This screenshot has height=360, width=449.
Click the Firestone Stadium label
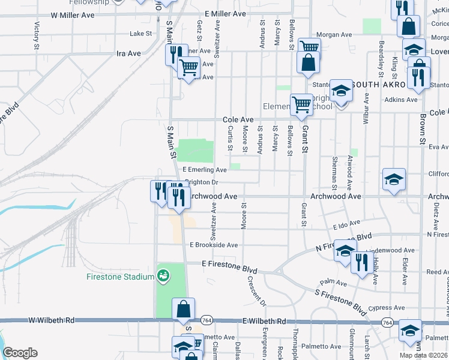120,277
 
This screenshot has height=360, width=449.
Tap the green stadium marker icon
162,276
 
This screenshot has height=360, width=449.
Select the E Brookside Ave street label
214,245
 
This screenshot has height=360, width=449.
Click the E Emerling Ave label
205,170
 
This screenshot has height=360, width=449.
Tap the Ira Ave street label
128,53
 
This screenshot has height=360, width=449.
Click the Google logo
19,352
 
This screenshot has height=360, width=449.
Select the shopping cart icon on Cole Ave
301,104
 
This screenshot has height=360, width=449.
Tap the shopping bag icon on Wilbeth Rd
184,310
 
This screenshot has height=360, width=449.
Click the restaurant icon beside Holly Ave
361,263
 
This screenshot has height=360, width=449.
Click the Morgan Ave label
338,35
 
